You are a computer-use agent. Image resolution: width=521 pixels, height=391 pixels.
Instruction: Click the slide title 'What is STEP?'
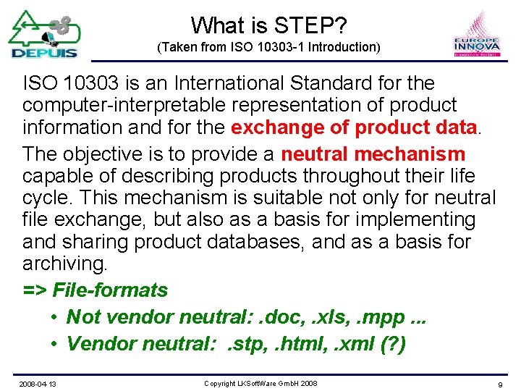point(268,25)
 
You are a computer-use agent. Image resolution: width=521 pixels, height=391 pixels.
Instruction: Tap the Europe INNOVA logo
point(477,35)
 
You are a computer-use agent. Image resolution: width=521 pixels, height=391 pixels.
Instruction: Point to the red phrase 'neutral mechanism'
point(373,154)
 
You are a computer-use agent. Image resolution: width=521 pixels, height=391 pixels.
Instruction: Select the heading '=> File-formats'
point(95,290)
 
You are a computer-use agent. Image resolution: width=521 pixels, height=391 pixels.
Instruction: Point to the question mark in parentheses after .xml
point(391,343)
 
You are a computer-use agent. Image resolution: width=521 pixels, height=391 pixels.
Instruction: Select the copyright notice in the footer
point(260,382)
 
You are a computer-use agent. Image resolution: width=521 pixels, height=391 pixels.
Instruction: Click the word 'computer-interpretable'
point(124,105)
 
